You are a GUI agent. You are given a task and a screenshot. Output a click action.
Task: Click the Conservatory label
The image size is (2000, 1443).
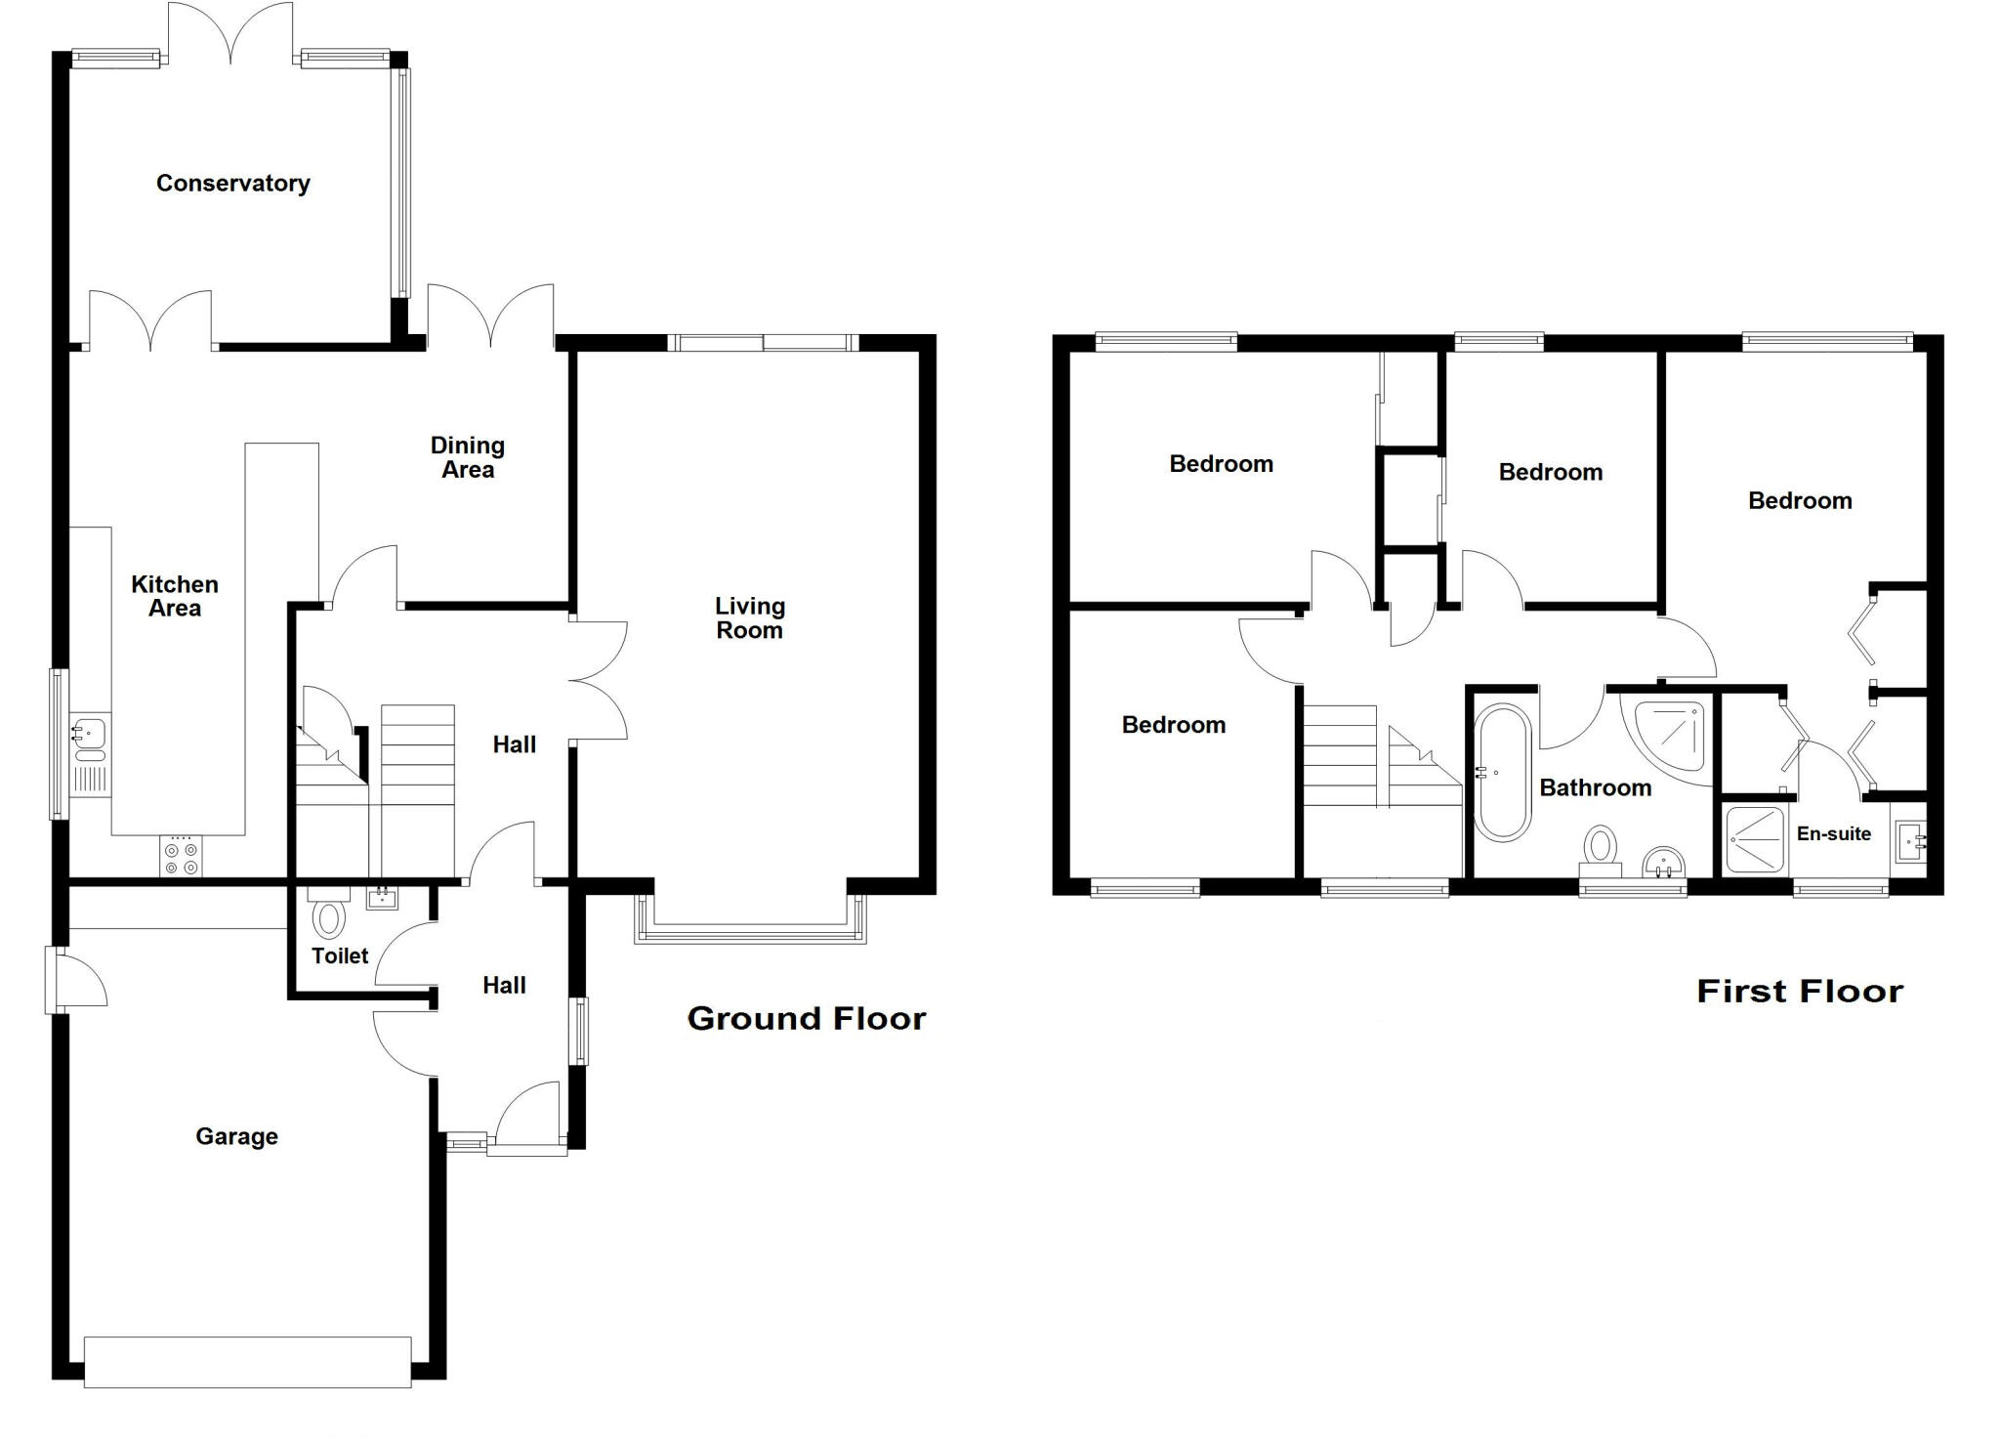(232, 183)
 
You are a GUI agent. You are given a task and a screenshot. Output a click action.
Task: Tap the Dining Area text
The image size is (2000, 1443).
(468, 457)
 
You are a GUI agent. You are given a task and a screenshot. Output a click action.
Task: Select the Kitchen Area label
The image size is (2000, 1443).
(175, 596)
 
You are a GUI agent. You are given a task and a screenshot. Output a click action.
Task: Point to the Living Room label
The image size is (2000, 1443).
(749, 617)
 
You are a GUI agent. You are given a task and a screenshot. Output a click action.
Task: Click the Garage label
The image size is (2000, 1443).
(236, 1136)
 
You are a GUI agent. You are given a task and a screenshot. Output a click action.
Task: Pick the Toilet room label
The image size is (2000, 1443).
(340, 955)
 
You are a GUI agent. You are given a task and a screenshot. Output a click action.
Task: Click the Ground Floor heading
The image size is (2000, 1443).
(806, 1018)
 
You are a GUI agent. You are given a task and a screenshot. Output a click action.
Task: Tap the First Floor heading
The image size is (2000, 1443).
(1799, 991)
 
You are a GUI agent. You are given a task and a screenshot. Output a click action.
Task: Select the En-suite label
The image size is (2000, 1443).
(1833, 833)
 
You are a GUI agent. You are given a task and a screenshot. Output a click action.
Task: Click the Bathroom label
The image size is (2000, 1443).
(1595, 787)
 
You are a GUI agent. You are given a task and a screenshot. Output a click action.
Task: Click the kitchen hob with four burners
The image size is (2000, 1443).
(181, 857)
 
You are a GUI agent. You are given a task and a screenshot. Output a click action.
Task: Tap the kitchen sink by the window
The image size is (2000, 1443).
(89, 740)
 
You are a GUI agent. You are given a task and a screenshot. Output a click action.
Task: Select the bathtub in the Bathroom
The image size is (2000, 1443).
(1502, 772)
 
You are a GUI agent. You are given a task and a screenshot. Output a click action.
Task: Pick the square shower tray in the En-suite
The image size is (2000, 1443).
(1754, 838)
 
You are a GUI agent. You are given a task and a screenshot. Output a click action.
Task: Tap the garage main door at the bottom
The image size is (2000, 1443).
(247, 1361)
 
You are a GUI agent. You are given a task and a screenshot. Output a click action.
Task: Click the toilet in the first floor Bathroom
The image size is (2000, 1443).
(1600, 850)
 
